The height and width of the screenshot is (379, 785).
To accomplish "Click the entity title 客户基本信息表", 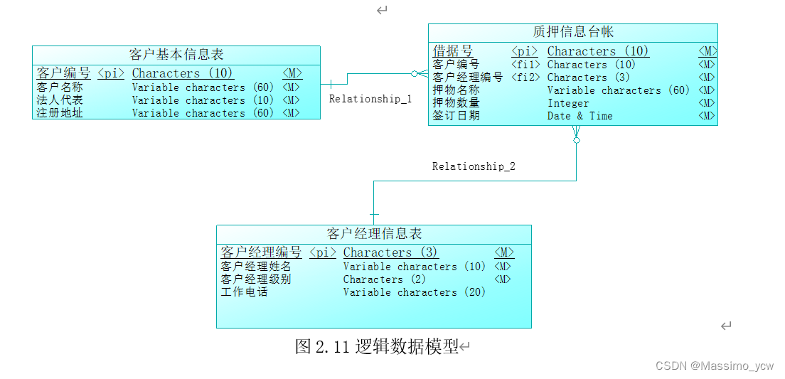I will click(176, 54).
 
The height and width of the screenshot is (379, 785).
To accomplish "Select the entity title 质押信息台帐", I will click(573, 32).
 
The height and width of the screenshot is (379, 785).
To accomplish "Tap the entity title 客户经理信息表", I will click(374, 233).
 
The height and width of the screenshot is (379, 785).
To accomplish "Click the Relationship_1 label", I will click(370, 100).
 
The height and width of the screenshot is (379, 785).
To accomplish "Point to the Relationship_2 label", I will click(474, 166).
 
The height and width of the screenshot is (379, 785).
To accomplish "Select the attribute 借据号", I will click(453, 51).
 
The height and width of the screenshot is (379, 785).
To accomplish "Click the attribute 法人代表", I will click(60, 100).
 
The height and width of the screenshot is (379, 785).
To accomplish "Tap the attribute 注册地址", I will click(60, 113).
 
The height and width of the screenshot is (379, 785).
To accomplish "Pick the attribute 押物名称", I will click(456, 90).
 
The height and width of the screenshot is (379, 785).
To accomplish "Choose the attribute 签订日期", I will click(456, 116).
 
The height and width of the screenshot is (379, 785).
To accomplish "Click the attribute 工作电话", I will click(244, 292).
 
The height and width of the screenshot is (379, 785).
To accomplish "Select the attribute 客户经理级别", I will click(256, 279).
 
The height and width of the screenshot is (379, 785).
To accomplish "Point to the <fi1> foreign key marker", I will click(525, 65).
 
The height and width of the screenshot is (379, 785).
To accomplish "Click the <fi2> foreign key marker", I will click(525, 78).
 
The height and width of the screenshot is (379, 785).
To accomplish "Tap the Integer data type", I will click(568, 103).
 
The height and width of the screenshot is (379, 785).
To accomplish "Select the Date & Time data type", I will click(580, 116).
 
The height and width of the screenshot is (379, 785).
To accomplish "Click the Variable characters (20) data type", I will click(414, 292).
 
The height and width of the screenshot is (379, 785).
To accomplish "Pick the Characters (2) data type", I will click(384, 279).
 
